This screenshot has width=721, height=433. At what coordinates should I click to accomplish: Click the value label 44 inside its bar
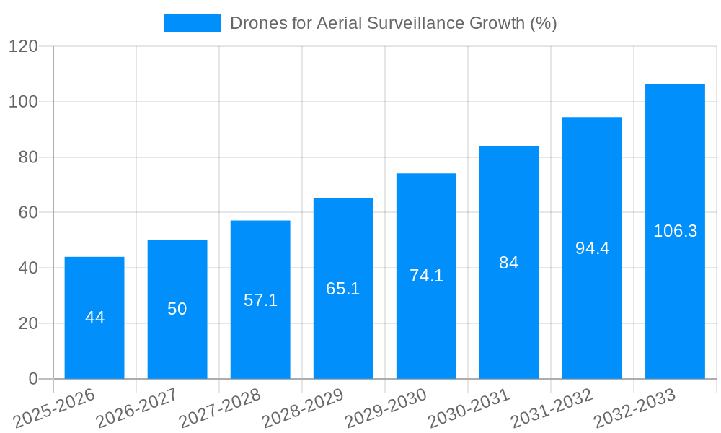coord(94,318)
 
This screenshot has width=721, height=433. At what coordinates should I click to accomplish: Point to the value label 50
coord(177,309)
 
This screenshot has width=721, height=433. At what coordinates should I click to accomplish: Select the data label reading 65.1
coord(343,289)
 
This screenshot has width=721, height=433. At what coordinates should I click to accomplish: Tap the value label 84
coord(509,263)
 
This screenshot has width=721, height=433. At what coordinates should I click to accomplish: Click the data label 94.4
coord(592,248)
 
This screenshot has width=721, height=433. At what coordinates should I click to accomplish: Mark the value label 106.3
coord(675,231)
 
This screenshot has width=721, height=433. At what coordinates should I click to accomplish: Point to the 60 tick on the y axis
coord(27,213)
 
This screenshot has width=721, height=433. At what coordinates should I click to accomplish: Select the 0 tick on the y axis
coord(32,379)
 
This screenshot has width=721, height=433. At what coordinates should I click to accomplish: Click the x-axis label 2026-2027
coord(137,408)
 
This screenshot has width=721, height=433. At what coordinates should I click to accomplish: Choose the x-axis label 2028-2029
coord(303,408)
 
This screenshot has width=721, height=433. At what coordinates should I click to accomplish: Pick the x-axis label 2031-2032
coord(552,408)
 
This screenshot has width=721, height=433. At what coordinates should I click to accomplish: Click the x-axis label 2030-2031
coord(469,408)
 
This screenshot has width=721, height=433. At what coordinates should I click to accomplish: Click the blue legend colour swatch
coord(193,23)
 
